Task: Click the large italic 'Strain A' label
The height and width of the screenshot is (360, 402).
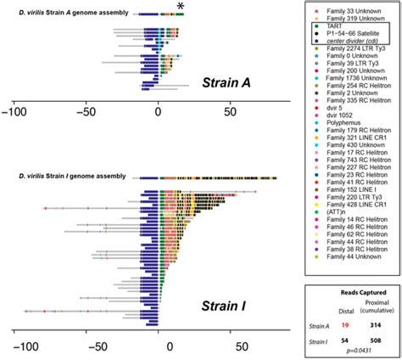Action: click(231, 82)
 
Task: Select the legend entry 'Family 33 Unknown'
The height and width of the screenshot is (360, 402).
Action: click(343, 8)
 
